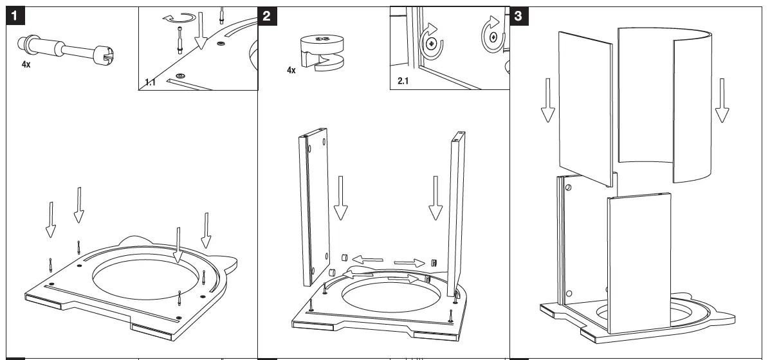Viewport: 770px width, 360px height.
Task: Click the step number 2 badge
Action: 266,17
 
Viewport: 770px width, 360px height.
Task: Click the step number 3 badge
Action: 518,17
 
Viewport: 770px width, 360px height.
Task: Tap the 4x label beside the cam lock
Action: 291,69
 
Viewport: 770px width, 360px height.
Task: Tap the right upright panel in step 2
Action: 459,212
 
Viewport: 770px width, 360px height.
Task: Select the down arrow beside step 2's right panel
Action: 435,199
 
